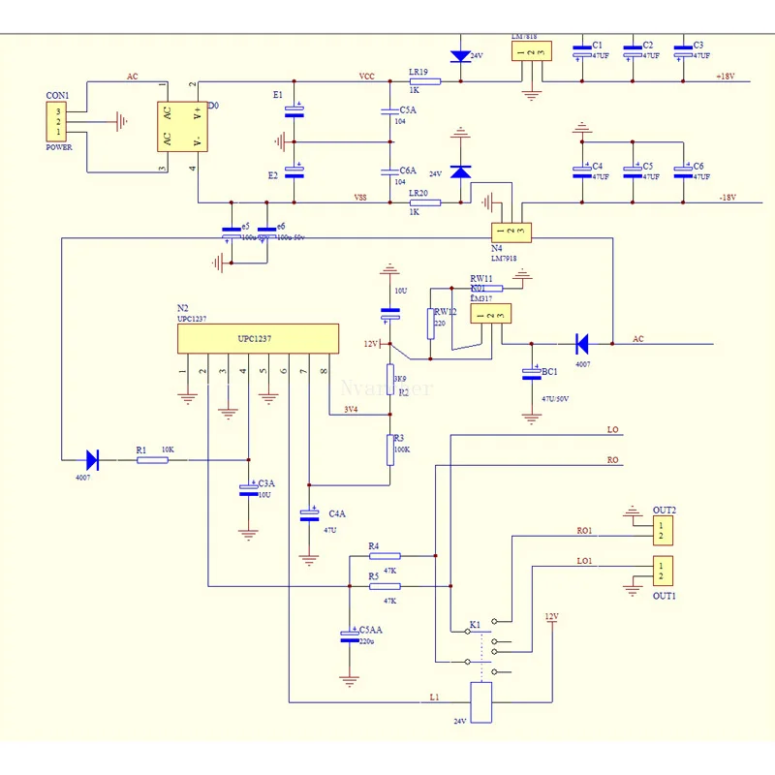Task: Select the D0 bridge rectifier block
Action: (183, 126)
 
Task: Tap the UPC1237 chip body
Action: (258, 340)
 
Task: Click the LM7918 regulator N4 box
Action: (510, 232)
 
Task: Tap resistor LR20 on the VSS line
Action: (425, 202)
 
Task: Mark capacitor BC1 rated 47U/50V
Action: (531, 373)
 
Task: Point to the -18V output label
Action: (727, 198)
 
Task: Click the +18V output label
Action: (726, 77)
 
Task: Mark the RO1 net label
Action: (585, 530)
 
